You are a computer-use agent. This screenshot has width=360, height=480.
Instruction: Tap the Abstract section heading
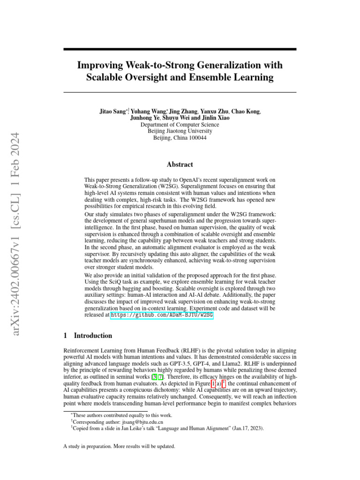(x=180, y=165)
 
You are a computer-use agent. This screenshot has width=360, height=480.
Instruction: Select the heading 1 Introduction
(x=88, y=336)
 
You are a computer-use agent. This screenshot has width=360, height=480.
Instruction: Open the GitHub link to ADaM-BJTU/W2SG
(x=162, y=316)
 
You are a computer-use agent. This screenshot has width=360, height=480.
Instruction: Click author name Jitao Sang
(x=112, y=112)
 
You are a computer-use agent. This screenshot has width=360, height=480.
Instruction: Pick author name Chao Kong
(x=246, y=112)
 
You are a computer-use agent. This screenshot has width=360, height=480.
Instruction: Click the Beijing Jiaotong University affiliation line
(x=180, y=131)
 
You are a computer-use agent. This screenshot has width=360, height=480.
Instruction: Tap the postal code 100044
(x=197, y=138)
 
